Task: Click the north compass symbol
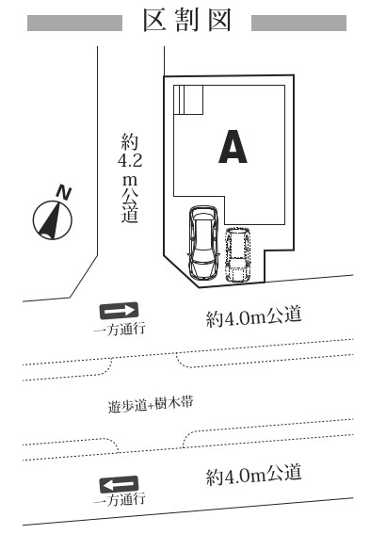pos(53,220)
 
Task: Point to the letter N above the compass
pos(64,192)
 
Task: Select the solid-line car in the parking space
pos(203,243)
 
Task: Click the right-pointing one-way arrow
pos(119,311)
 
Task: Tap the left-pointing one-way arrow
pos(119,484)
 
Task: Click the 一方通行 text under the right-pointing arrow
pos(119,329)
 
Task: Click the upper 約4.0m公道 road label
pos(254,317)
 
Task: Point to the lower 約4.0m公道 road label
pos(254,474)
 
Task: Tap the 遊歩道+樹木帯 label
pos(151,406)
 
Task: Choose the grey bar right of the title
pos(299,23)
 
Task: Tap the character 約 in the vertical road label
pos(130,142)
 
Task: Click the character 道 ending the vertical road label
pos(130,215)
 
